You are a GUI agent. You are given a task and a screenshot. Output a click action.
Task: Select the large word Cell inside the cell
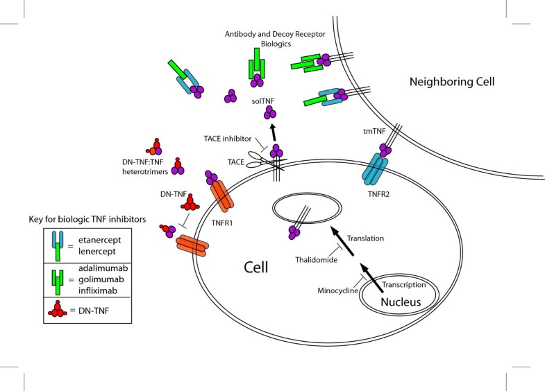[x=258, y=267]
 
